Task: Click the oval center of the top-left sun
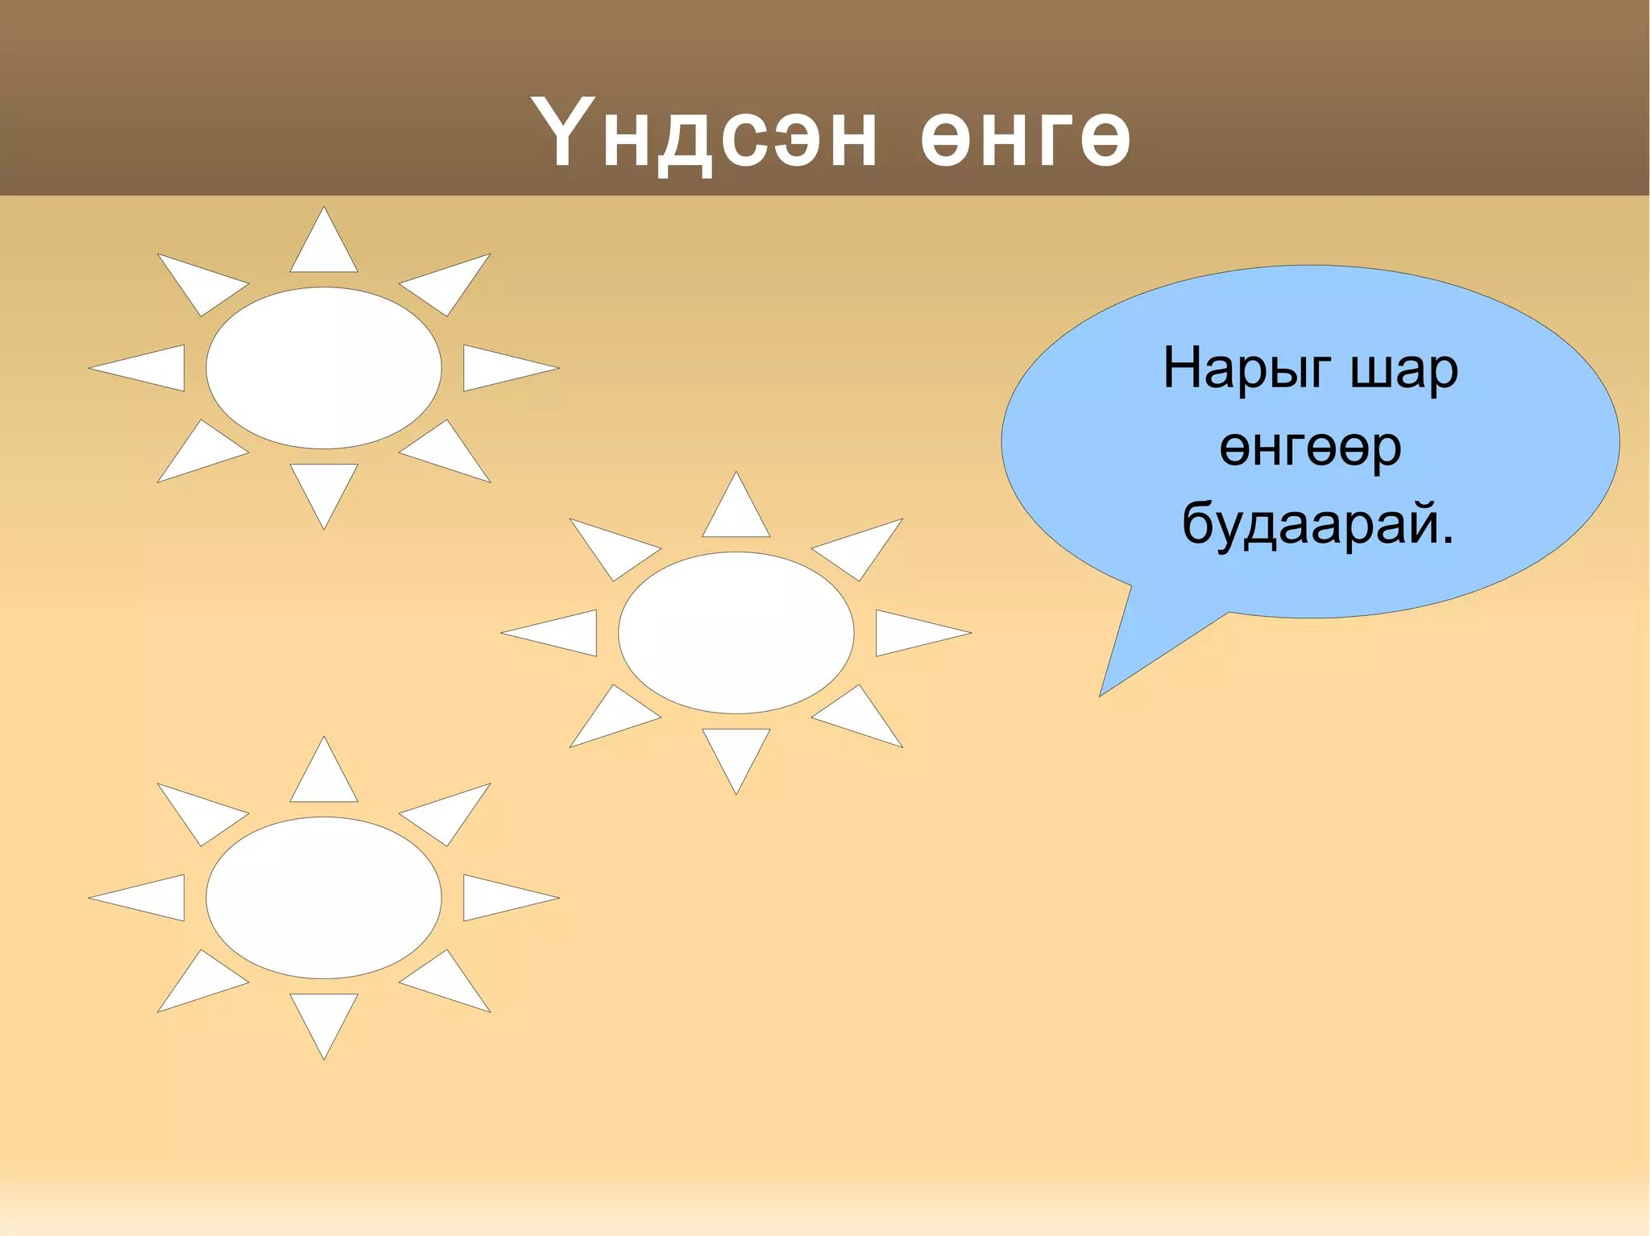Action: pyautogui.click(x=324, y=368)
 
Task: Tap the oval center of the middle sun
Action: pyautogui.click(x=736, y=633)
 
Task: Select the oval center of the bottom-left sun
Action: pyautogui.click(x=324, y=898)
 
